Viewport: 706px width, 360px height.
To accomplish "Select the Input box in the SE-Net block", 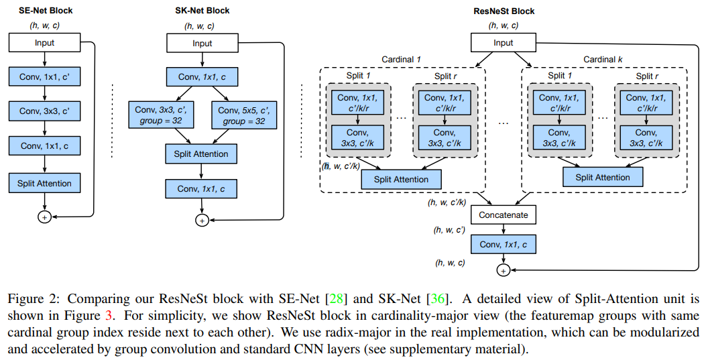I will (x=44, y=43).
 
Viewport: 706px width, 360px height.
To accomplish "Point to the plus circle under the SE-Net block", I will (x=44, y=217).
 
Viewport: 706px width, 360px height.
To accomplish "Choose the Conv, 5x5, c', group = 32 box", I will (x=241, y=115).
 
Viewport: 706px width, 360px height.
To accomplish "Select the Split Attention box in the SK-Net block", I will (x=202, y=154).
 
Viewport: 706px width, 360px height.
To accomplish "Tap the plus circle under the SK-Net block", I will (x=201, y=220).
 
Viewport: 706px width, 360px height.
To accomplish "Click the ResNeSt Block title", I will (x=504, y=11).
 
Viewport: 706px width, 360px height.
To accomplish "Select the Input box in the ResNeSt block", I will (x=504, y=43).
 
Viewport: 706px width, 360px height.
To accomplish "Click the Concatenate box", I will (x=504, y=215).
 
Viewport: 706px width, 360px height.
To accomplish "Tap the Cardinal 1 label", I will (x=400, y=60).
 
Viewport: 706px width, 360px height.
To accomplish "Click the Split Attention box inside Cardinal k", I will (x=603, y=177).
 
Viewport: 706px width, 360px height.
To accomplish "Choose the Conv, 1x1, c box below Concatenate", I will (x=504, y=245).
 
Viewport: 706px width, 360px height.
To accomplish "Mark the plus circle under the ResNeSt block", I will (x=503, y=270).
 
